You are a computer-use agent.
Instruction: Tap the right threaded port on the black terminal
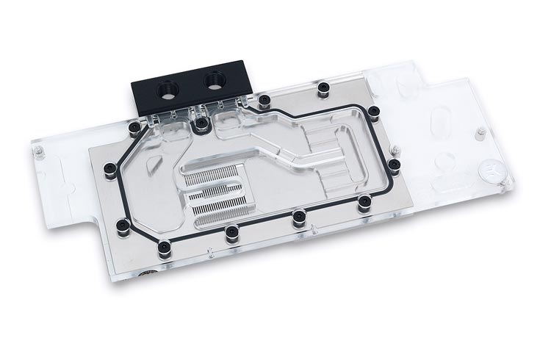pyautogui.click(x=217, y=76)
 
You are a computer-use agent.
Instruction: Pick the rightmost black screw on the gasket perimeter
pyautogui.click(x=395, y=164)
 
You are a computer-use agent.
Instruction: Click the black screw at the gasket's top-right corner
pyautogui.click(x=374, y=112)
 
